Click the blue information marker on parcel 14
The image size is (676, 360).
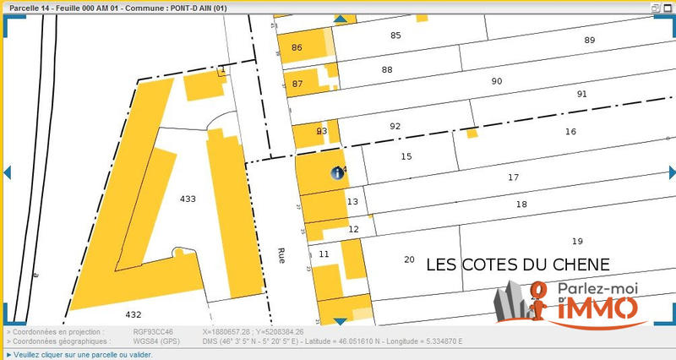point(336,173)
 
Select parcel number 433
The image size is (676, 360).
point(188,199)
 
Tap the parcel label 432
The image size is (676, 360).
point(134,314)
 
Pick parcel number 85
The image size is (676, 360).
point(395,35)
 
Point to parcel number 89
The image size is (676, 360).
point(590,41)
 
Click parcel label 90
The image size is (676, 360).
point(497,81)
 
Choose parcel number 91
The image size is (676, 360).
point(581,94)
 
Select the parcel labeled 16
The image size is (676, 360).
point(570,132)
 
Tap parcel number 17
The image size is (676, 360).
point(513,177)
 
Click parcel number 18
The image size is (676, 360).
point(521,205)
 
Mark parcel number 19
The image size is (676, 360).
point(577,241)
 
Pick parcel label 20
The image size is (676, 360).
point(410,259)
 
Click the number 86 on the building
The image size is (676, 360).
point(297,47)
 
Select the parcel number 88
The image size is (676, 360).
point(387,70)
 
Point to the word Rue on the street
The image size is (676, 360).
point(282,257)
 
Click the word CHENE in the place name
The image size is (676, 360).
point(579,265)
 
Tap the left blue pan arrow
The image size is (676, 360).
point(6,172)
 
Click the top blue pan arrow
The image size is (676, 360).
point(340,19)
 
